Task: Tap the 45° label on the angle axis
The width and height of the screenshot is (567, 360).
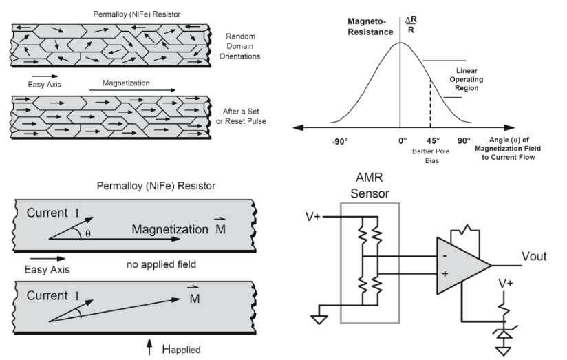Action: (x=431, y=140)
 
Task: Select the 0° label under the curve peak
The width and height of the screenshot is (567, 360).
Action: (x=403, y=140)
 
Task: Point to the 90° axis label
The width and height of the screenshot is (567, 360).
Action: (x=464, y=140)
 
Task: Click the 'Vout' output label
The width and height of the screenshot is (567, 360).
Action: (x=533, y=256)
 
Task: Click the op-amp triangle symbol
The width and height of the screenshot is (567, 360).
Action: (x=461, y=266)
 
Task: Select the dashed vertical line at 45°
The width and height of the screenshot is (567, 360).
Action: (x=431, y=103)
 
